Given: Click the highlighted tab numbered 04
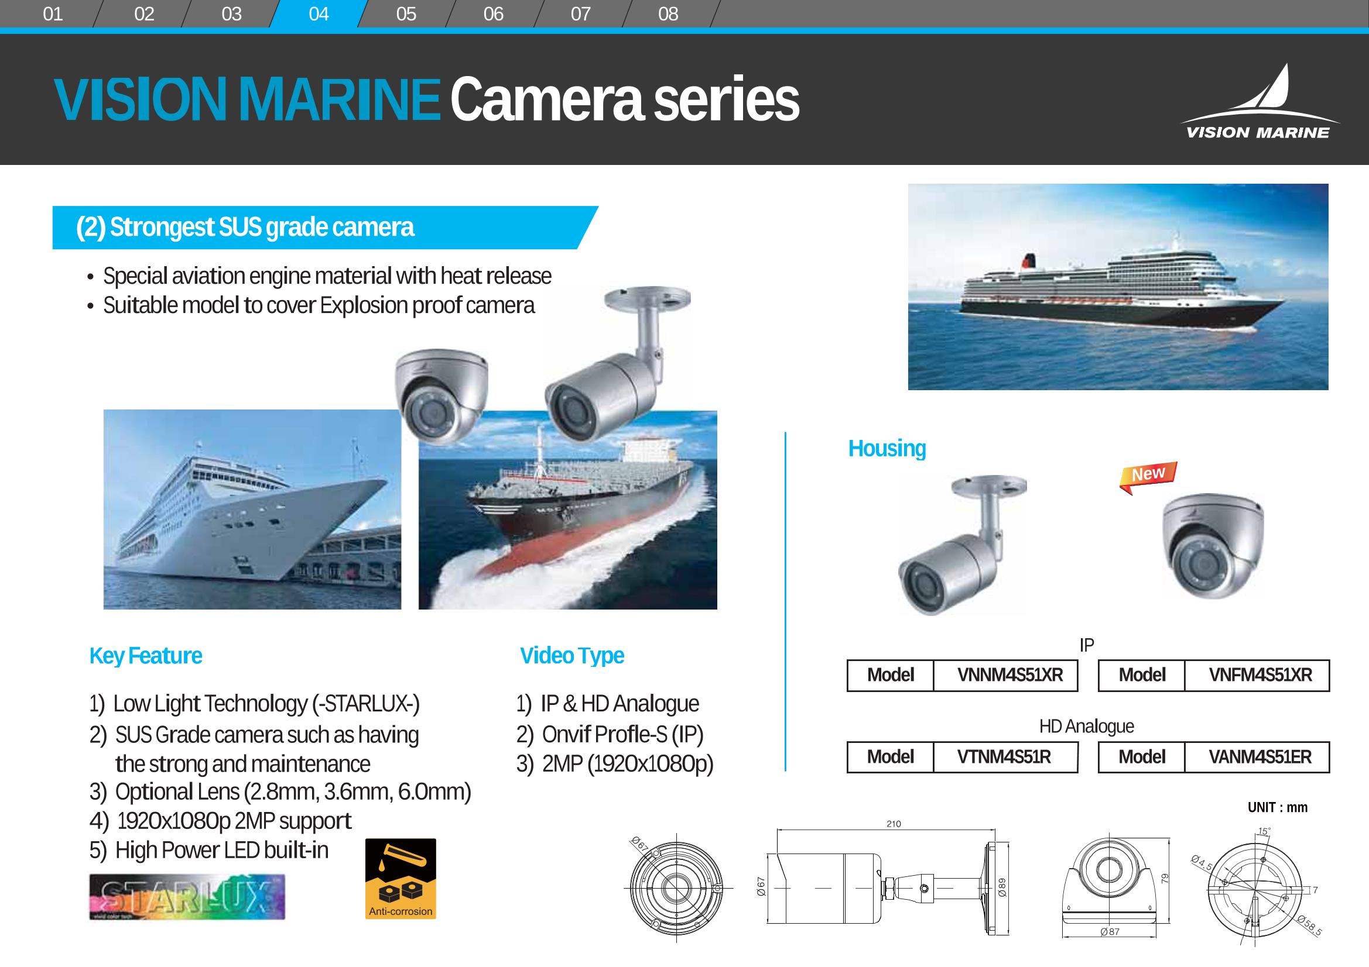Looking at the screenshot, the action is pyautogui.click(x=319, y=13).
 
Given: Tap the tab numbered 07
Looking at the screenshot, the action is pyautogui.click(x=581, y=13).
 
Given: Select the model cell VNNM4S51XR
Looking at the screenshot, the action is pyautogui.click(x=1010, y=675).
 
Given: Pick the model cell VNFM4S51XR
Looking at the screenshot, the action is pyautogui.click(x=1261, y=675).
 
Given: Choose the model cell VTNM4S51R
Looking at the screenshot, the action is pyautogui.click(x=1004, y=756).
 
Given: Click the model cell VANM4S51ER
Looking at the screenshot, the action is pyautogui.click(x=1260, y=756).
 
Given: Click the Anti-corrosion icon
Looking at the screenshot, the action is pyautogui.click(x=401, y=879).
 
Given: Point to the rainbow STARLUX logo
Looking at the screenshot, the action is pyautogui.click(x=187, y=897).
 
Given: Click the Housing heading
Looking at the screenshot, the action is pyautogui.click(x=887, y=449).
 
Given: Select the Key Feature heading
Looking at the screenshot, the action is pyautogui.click(x=145, y=656).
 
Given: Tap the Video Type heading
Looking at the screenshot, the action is pyautogui.click(x=572, y=656).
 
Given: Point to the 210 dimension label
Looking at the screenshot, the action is pyautogui.click(x=894, y=824).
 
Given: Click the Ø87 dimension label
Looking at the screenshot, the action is pyautogui.click(x=1110, y=932).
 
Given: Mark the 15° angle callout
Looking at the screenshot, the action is pyautogui.click(x=1264, y=831).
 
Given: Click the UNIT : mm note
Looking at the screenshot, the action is pyautogui.click(x=1278, y=808).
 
